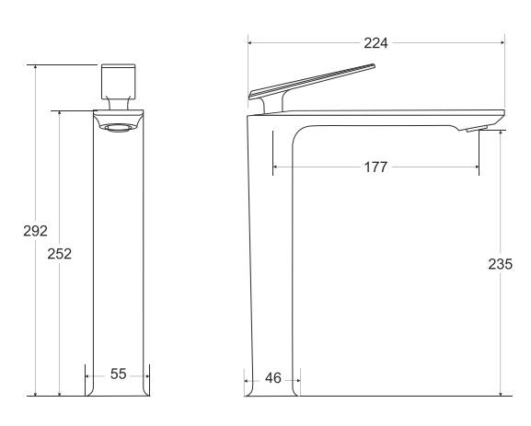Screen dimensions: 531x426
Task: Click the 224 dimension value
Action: point(375,43)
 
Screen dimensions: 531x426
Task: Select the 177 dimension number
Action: point(375,167)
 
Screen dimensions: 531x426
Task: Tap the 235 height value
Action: point(501,264)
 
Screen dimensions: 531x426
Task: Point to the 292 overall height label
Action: point(35,231)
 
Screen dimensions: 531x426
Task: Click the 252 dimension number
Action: point(60,254)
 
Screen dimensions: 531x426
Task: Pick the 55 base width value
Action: point(118,374)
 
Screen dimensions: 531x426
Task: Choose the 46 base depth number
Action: point(273,378)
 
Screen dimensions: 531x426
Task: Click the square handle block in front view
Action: point(119,81)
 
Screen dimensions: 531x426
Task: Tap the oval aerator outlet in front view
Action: point(119,128)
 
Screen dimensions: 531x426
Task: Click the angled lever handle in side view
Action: point(312,81)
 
